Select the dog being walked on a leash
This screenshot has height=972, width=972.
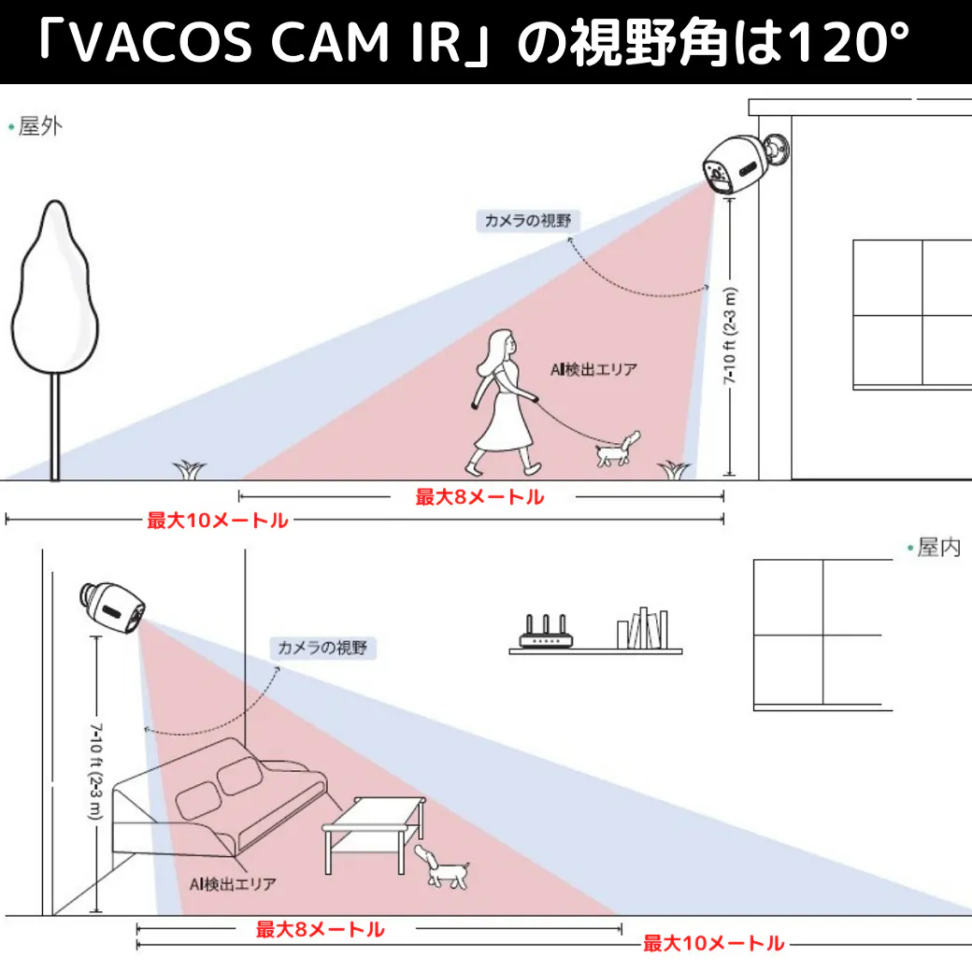point(617,450)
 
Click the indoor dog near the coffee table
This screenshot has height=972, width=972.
point(441,867)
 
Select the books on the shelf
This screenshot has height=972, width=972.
point(643,628)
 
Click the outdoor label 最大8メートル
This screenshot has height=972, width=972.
point(479,497)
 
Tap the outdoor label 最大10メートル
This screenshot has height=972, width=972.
point(218,521)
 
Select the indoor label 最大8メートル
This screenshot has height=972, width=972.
point(320,929)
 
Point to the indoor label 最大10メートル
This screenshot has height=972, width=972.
point(713,944)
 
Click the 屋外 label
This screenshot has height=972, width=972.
point(39,126)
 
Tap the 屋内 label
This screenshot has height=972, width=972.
point(937,549)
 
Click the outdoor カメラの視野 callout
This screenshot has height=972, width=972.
point(526,221)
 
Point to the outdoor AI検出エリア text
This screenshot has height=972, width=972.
point(593,369)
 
